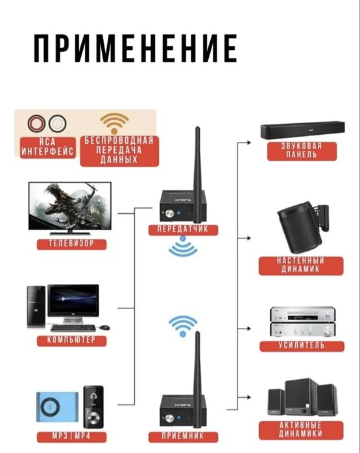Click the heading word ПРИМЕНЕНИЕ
coord(136,48)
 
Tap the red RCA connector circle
coord(36,124)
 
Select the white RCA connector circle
coord(57,124)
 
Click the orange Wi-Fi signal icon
coord(115,123)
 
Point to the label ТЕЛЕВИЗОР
coord(71,243)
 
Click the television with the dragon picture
coord(70,208)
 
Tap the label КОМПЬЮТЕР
coord(71,340)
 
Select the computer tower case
coord(36,307)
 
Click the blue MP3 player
coord(57,407)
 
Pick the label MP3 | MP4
coord(71,436)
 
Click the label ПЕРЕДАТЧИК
coord(183,229)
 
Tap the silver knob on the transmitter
coord(169,214)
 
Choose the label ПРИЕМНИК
coord(183,436)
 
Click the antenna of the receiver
coord(197,379)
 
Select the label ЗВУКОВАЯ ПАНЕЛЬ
coord(302,150)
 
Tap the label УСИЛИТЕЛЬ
coord(302,345)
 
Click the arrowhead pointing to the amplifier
coord(248,329)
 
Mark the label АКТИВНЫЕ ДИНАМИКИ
coord(301,429)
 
